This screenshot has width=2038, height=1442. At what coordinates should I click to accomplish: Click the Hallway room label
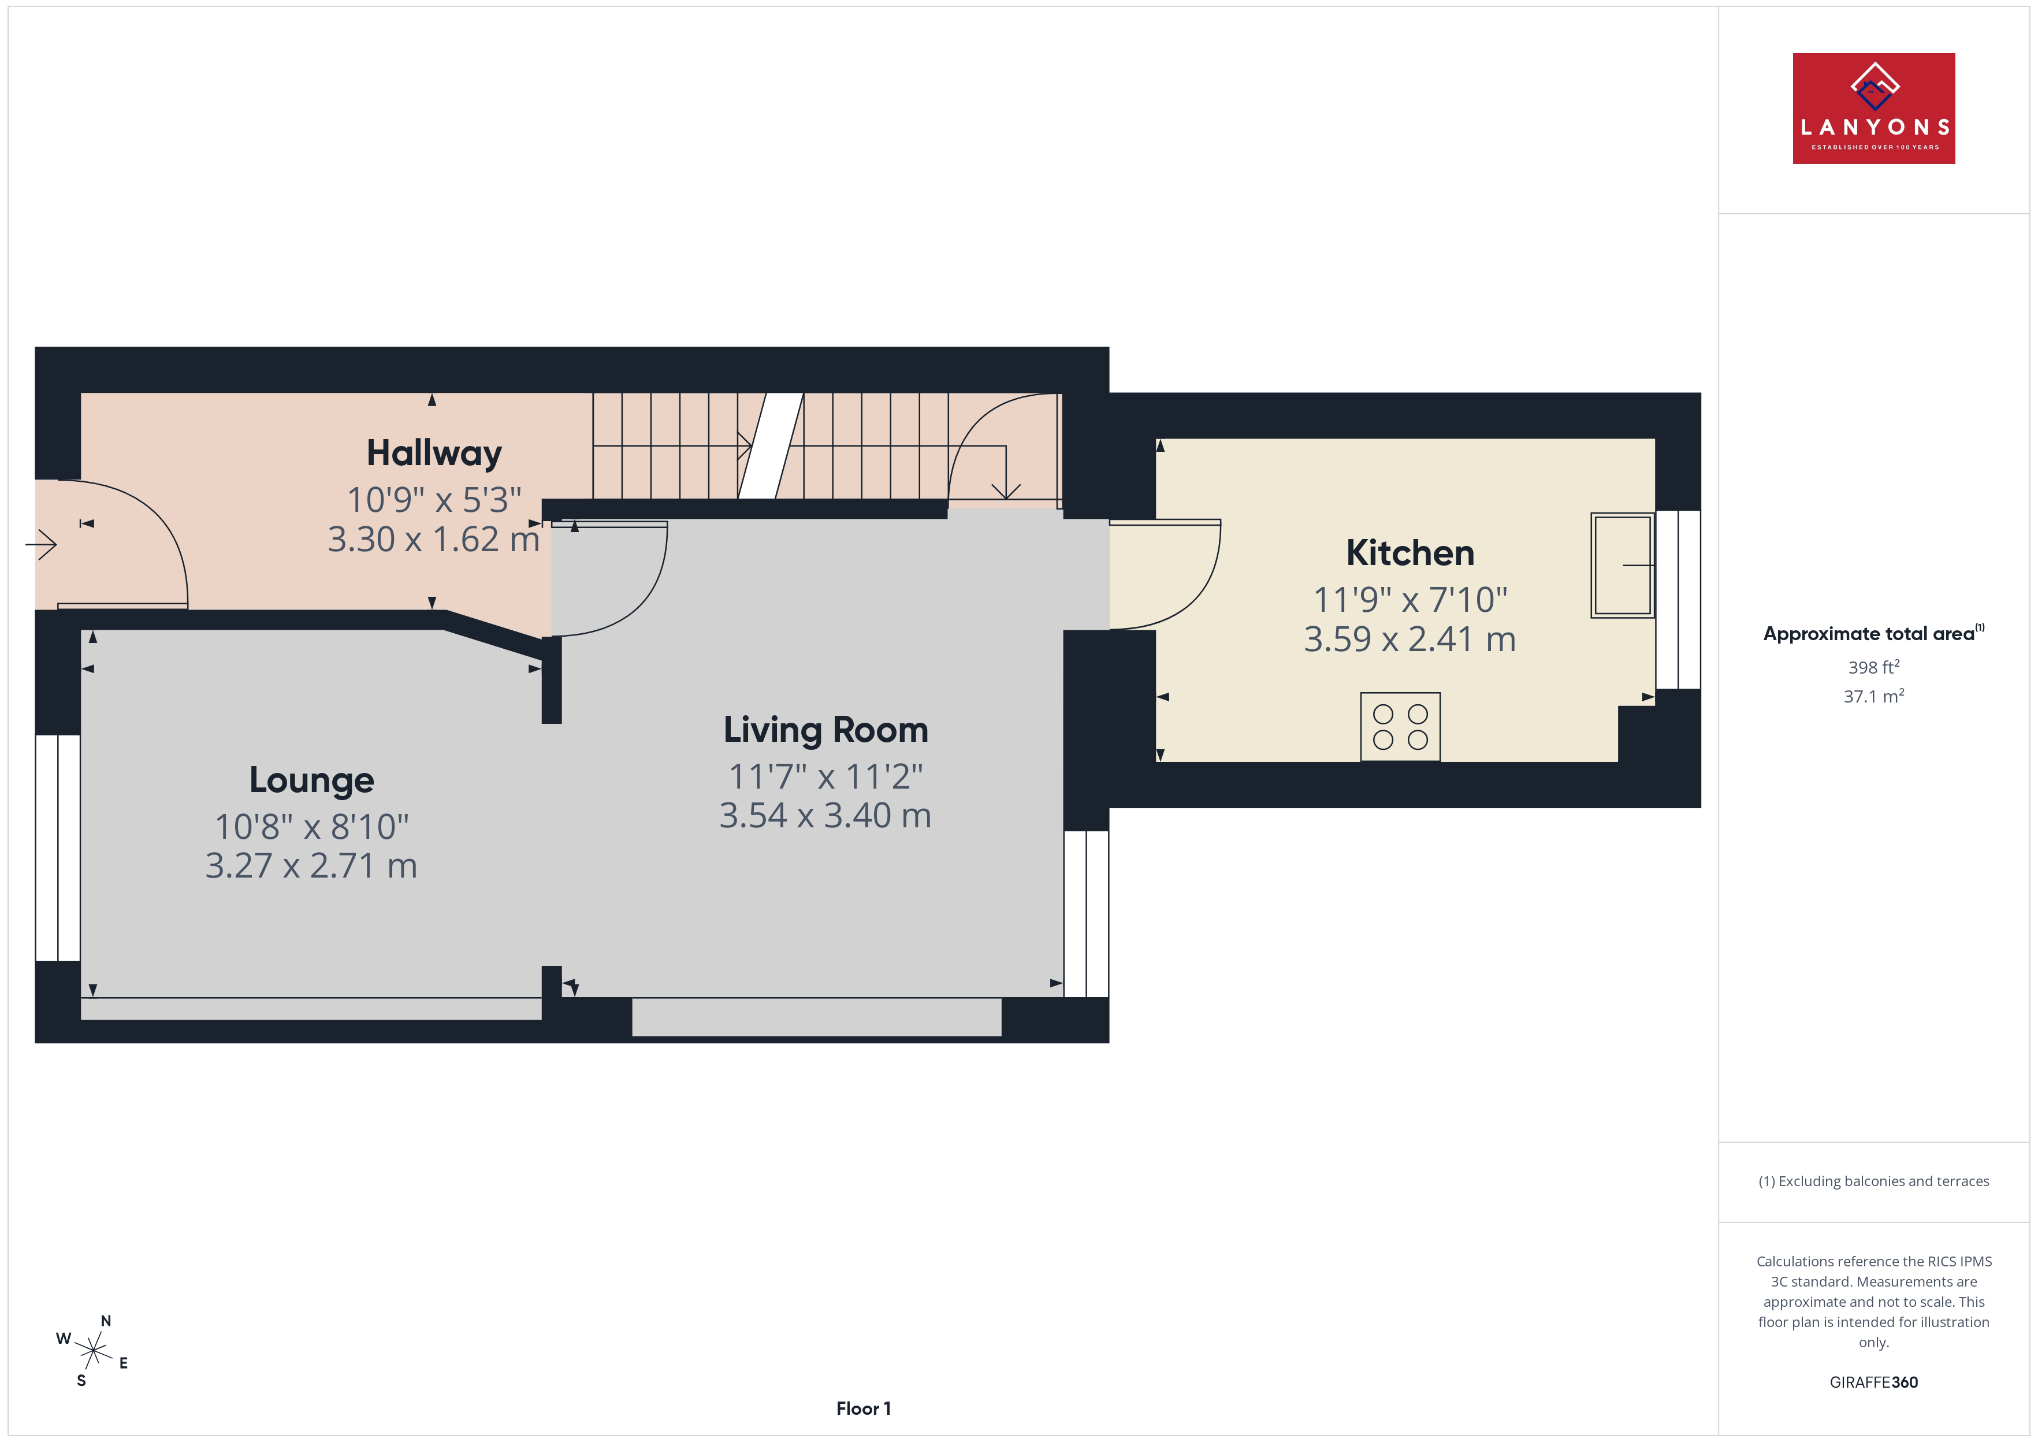click(434, 454)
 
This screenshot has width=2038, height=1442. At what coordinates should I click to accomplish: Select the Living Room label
click(825, 730)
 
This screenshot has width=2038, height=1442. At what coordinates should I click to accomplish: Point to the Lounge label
click(311, 781)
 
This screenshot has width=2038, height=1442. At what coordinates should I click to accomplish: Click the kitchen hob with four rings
click(1400, 726)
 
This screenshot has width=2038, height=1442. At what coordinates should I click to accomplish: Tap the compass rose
click(93, 1351)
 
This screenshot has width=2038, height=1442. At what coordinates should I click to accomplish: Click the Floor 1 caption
click(863, 1408)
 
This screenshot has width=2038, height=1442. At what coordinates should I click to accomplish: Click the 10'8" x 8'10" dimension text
click(311, 827)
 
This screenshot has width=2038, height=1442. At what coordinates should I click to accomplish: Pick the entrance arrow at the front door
click(41, 544)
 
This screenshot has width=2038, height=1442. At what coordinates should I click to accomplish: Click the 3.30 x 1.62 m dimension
click(434, 539)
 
